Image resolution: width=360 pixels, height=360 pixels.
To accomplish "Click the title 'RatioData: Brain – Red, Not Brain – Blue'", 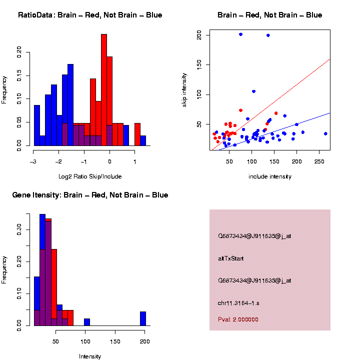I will (90, 15).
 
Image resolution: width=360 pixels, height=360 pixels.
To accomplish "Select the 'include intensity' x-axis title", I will (269, 176).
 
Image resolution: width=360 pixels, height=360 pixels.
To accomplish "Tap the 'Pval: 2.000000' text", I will (238, 319).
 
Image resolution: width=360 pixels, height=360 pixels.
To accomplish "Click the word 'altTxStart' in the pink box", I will (231, 258).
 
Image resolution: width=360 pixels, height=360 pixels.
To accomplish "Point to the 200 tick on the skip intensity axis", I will (199, 35).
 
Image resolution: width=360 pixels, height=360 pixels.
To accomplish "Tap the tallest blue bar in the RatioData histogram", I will (70, 105).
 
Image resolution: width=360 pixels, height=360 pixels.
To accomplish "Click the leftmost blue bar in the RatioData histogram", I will (36, 125).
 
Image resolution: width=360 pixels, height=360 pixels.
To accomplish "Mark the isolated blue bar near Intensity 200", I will (143, 318).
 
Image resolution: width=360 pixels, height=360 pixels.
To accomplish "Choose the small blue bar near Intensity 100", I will (87, 322).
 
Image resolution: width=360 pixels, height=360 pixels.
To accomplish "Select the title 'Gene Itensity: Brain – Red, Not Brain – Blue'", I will (90, 195).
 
